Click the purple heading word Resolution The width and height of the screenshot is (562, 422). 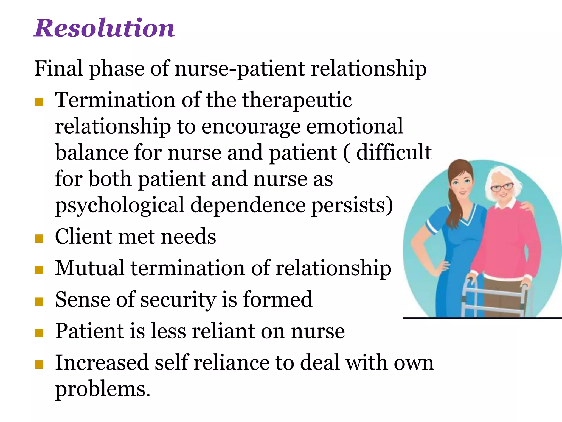point(104,28)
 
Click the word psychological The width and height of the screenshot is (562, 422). point(120,206)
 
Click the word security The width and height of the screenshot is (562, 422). point(178,299)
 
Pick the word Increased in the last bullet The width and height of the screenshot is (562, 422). point(102,362)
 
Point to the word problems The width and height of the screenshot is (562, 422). point(103,389)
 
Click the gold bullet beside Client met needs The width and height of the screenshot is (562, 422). point(39,238)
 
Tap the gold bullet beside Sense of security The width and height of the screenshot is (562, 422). point(39,301)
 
